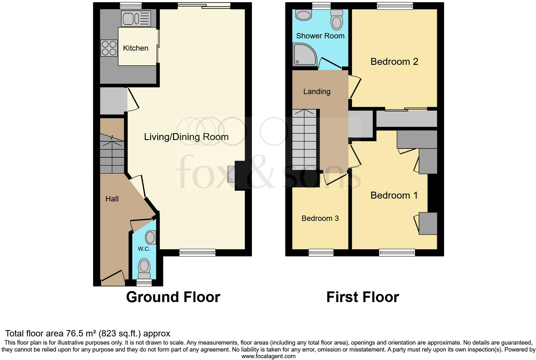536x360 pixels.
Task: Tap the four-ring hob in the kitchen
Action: [x=109, y=48]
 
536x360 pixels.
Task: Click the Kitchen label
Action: [x=136, y=48]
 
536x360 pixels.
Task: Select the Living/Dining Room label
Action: [x=186, y=137]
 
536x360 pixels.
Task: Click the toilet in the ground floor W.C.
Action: [x=144, y=266]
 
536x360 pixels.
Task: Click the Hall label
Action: [x=112, y=199]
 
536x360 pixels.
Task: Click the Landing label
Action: [x=317, y=92]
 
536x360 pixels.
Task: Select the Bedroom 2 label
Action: [x=394, y=62]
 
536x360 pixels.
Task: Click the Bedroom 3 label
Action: [x=320, y=218]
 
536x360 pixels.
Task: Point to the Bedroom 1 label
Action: [x=394, y=195]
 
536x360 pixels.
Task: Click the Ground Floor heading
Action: [x=173, y=297]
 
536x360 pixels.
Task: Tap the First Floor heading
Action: [x=362, y=297]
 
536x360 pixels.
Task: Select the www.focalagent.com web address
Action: [x=268, y=356]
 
